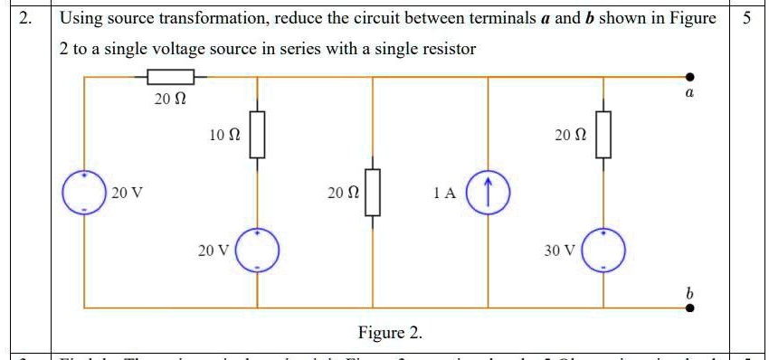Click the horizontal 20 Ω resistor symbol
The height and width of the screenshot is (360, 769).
pos(170,78)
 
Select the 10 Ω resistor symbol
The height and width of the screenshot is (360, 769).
pos(258,134)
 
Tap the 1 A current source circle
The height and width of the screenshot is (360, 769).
pos(489,192)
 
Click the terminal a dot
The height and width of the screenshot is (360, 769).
pos(690,78)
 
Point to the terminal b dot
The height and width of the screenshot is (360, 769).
pos(690,308)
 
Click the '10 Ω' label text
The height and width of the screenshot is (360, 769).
pos(223,135)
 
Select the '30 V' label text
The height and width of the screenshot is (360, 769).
pos(559,251)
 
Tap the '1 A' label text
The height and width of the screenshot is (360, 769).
pos(444,193)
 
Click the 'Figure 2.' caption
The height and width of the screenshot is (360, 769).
pos(390,333)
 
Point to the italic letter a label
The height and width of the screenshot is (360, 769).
pos(689,93)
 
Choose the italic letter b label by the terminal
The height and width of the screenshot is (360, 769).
pos(689,293)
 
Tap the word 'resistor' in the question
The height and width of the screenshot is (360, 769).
pos(444,49)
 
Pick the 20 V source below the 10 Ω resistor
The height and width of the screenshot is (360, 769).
pos(258,250)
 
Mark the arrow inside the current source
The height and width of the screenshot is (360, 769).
pos(489,191)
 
